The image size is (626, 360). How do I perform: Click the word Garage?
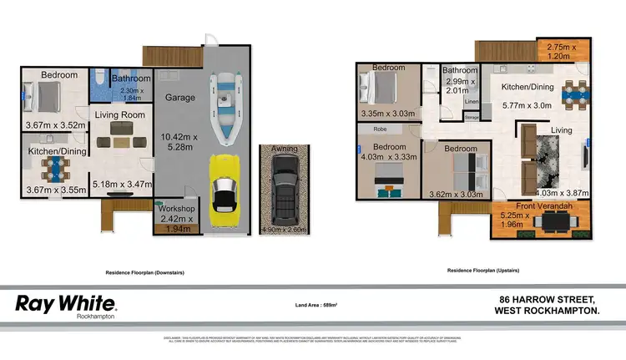[179, 98]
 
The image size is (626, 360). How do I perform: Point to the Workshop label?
[177, 208]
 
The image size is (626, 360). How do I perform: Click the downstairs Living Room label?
[119, 115]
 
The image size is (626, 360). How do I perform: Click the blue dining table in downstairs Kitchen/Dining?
[54, 170]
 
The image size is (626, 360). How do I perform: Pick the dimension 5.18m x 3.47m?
[121, 183]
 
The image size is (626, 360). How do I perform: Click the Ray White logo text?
[67, 302]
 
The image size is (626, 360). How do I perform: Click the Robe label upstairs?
[379, 130]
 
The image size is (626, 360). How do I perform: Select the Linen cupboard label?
[471, 102]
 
